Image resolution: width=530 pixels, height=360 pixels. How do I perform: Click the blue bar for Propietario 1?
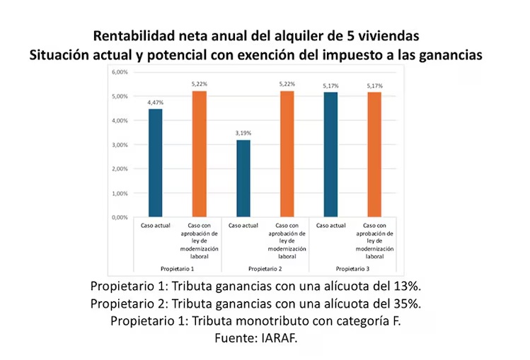[155, 163]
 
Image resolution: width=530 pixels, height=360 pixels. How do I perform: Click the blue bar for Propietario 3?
[330, 154]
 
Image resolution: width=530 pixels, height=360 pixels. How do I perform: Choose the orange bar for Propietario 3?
[374, 154]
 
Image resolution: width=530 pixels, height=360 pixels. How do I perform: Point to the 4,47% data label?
[155, 103]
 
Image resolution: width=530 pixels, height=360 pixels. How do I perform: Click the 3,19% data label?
[243, 133]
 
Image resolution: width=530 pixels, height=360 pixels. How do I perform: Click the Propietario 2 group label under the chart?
[265, 269]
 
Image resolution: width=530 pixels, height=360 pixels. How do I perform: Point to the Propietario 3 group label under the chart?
[352, 269]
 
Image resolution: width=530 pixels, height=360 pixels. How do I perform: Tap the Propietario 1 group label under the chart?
[177, 269]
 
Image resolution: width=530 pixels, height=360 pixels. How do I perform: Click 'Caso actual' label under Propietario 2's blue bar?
[243, 226]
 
